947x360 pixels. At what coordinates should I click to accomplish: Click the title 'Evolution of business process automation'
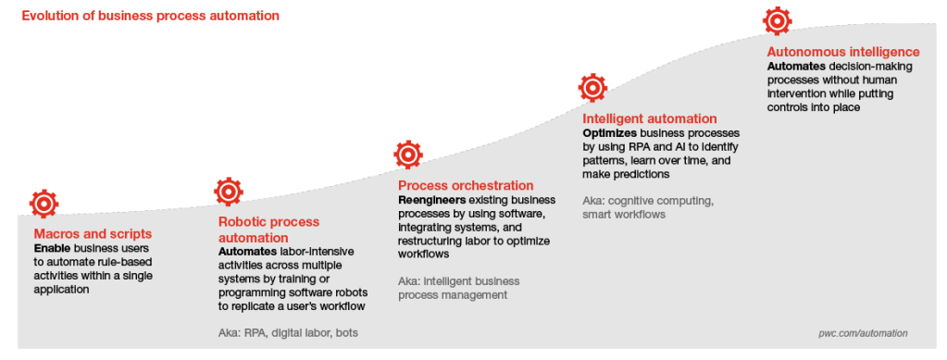coord(150,16)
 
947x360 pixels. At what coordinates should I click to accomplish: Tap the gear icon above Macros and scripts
coord(44,204)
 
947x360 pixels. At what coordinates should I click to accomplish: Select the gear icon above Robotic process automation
coord(229,192)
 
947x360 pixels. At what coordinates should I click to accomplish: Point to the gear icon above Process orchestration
coord(408,155)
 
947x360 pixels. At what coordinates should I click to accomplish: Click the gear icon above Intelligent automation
coord(592,88)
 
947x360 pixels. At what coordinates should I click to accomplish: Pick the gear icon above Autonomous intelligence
coord(778,21)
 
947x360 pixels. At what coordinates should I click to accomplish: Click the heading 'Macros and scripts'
coord(93,234)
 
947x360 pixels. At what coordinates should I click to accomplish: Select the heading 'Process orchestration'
coord(466,185)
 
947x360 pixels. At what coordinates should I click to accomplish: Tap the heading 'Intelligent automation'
coord(650,118)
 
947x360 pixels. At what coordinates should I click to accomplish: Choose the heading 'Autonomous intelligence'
coord(843,52)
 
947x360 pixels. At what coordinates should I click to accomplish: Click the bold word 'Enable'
coord(53,248)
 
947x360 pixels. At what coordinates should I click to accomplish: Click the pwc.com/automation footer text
coord(863,333)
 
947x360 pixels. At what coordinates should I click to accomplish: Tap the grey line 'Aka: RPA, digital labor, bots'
coord(288,333)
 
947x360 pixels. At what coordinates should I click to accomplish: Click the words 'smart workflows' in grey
coord(624,215)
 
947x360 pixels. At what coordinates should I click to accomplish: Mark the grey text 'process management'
coord(453,295)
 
